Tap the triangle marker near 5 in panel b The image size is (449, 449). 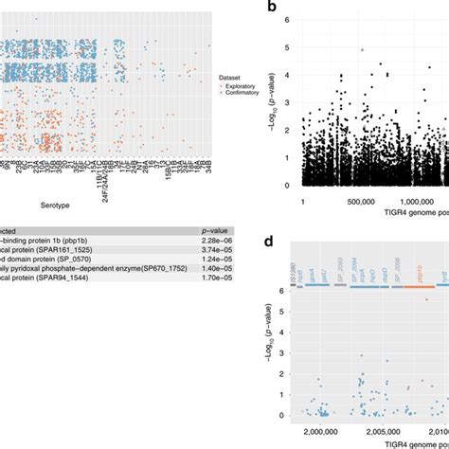pyautogui.click(x=362, y=50)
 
